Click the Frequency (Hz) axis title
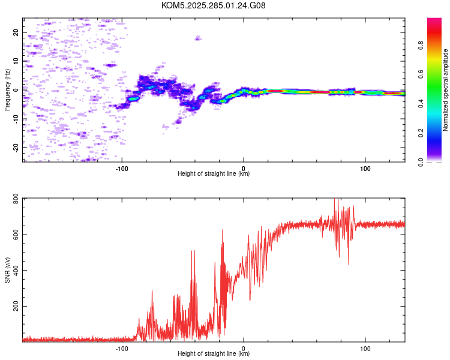(8, 90)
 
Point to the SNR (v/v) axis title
(8, 269)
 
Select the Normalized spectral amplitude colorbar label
(446, 90)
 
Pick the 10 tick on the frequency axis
(17, 61)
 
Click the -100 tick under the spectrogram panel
(122, 167)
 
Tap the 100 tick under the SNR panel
(365, 347)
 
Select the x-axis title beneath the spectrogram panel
(214, 174)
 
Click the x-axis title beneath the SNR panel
(214, 354)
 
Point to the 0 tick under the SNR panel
(244, 347)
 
